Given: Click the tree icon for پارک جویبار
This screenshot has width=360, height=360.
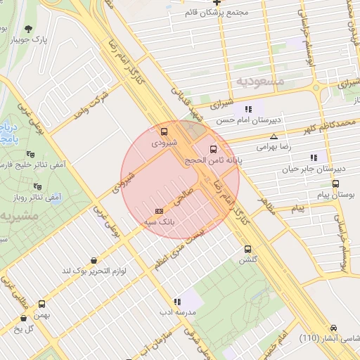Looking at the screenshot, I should (28, 29).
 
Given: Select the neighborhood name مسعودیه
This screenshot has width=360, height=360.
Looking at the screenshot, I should (261, 81).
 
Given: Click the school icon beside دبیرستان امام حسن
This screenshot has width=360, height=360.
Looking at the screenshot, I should (247, 109).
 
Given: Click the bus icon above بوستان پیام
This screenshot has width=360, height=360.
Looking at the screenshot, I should (335, 184).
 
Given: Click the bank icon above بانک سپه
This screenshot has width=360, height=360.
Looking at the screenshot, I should (159, 211).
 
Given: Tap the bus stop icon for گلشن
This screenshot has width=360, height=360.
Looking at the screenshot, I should (247, 249).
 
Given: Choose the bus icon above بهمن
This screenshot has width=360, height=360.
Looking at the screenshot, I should (41, 304).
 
